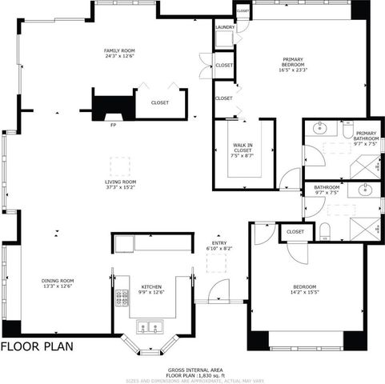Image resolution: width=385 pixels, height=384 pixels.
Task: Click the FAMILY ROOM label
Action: coord(118,51)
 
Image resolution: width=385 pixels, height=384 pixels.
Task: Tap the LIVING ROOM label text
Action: coord(120,182)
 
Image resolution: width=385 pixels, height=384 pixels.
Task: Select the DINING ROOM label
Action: coord(58,281)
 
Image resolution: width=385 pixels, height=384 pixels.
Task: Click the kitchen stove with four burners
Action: coord(122,298)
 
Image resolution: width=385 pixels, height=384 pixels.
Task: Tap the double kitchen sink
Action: coord(150,326)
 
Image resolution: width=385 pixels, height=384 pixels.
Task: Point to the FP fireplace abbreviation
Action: coord(112,125)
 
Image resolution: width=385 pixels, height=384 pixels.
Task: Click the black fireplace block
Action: coord(110,106)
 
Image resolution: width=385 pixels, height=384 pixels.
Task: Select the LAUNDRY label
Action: coord(225,26)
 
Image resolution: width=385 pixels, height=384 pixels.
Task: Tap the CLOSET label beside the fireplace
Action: coord(159,102)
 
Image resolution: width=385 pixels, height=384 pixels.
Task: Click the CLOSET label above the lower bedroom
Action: coord(295,231)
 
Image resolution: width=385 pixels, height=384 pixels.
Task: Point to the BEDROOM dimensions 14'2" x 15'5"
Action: coord(304,292)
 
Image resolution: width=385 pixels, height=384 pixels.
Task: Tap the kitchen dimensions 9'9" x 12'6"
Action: coord(152,292)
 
